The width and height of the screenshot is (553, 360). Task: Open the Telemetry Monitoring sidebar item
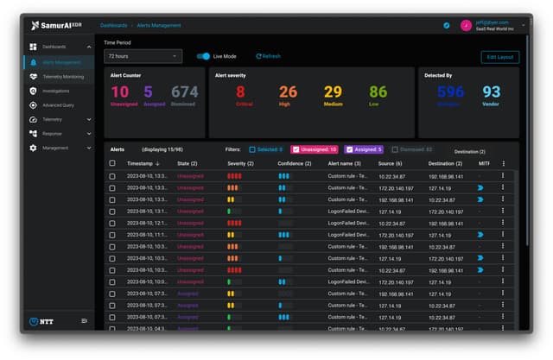pyautogui.click(x=62, y=76)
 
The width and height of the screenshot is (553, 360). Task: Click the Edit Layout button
pyautogui.click(x=500, y=57)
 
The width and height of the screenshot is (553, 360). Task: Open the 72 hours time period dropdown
pyautogui.click(x=143, y=56)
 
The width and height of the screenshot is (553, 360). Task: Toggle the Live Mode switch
pyautogui.click(x=203, y=56)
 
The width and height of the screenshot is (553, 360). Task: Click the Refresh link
pyautogui.click(x=269, y=56)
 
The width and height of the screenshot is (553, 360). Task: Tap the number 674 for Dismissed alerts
pyautogui.click(x=184, y=92)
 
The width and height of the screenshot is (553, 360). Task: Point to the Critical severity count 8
pyautogui.click(x=240, y=92)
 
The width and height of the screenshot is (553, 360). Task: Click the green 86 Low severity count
pyautogui.click(x=378, y=92)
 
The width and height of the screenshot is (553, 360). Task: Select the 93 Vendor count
pyautogui.click(x=491, y=92)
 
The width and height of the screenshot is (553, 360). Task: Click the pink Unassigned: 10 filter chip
pyautogui.click(x=314, y=149)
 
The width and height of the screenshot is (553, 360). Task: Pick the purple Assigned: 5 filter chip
pyautogui.click(x=364, y=149)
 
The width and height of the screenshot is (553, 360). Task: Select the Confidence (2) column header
pyautogui.click(x=295, y=163)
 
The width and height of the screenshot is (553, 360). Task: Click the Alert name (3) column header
pyautogui.click(x=344, y=163)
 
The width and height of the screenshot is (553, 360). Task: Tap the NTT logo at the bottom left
pyautogui.click(x=39, y=321)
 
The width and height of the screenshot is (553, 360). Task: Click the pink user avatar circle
pyautogui.click(x=466, y=25)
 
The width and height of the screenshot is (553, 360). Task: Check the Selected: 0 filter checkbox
pyautogui.click(x=252, y=149)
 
